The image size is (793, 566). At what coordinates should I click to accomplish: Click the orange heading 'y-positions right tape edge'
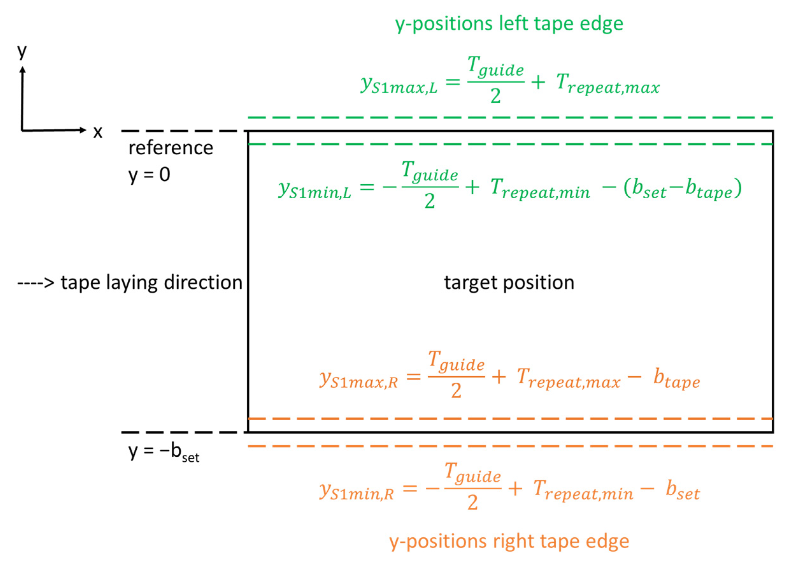[x=509, y=541]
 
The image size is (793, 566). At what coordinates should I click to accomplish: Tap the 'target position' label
[x=509, y=282]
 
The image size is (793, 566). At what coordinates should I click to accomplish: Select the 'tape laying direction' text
[x=152, y=282]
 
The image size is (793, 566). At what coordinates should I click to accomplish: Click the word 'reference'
[x=171, y=148]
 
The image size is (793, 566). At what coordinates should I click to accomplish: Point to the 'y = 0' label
[x=149, y=174]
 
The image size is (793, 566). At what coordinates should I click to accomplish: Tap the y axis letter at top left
[x=22, y=52]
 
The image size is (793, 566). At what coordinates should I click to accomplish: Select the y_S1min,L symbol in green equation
[x=314, y=190]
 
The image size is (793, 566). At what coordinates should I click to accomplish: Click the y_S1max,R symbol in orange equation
[x=358, y=380]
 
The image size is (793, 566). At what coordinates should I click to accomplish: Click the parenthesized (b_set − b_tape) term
[x=682, y=189]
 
